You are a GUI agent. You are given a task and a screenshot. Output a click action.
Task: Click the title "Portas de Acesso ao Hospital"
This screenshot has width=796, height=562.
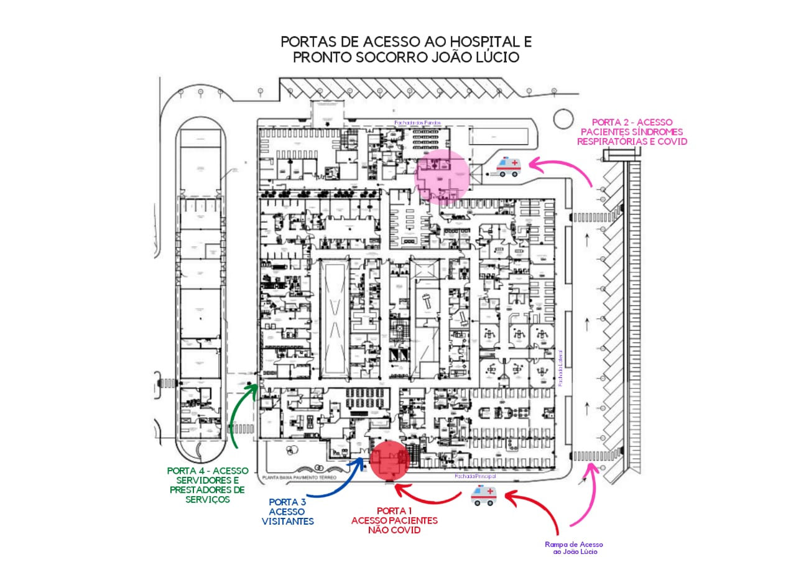coord(406,42)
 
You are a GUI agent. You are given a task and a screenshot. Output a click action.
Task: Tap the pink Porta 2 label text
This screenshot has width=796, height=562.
coord(632,132)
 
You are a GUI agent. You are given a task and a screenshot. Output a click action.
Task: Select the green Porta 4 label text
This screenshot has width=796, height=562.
coord(207,485)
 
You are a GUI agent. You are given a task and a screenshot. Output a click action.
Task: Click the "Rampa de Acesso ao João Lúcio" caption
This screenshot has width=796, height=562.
coord(574,548)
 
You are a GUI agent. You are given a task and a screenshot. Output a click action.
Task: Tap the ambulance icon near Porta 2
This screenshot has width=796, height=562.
coord(507,166)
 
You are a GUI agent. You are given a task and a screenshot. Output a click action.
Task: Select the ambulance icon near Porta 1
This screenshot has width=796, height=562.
coord(483,495)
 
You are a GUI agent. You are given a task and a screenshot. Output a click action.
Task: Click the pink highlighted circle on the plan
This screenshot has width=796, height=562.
coord(442,177)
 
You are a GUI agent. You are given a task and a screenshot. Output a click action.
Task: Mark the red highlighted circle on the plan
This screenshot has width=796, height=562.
coord(390,461)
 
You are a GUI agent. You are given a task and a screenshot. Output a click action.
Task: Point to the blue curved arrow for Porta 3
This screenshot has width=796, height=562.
coord(336,485)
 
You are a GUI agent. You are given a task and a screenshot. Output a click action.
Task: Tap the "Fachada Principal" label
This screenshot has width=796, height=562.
coord(474,476)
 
